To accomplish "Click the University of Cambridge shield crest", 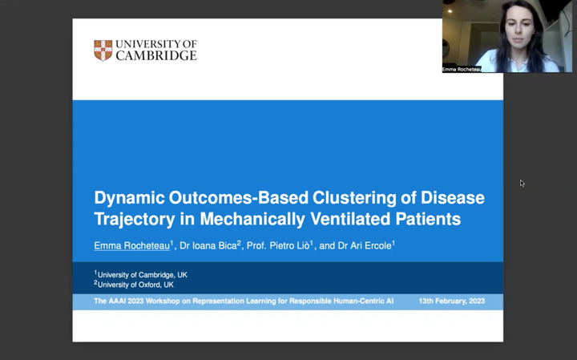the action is (103, 51).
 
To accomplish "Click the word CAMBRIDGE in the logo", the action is (156, 55).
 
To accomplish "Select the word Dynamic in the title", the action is (129, 198).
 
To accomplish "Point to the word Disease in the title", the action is (452, 198).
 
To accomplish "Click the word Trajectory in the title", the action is (135, 219).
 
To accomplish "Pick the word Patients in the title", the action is (428, 219).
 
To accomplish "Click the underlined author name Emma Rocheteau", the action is (131, 245).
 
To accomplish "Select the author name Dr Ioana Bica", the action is (208, 245).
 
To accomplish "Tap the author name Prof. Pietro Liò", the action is (278, 245).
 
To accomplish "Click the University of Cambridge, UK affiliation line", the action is (140, 274).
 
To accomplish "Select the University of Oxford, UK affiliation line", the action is (134, 285).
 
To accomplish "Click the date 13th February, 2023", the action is (451, 301).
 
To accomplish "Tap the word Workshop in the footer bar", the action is (162, 301).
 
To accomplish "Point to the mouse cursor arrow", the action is (523, 184).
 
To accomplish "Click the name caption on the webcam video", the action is (462, 69).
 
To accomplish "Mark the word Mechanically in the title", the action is (252, 219).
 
